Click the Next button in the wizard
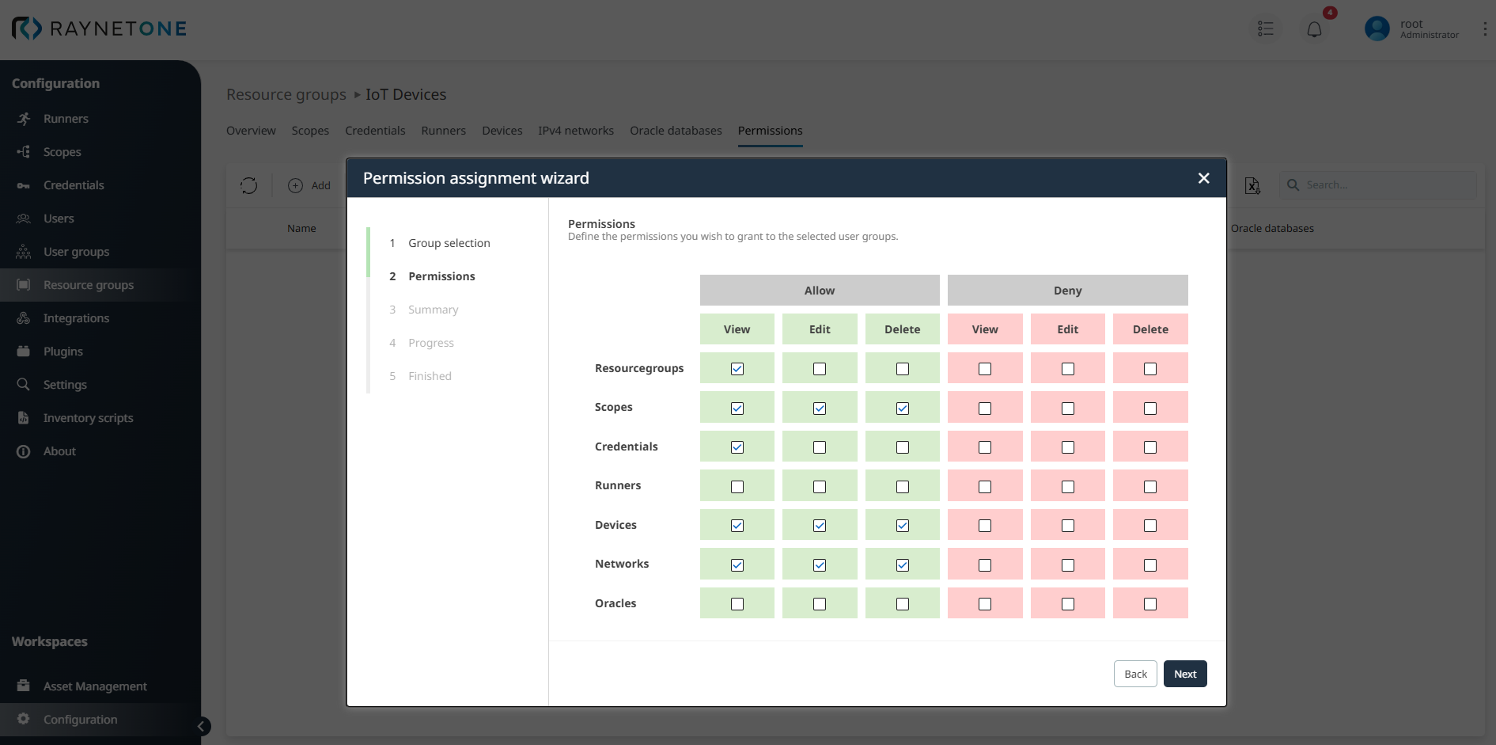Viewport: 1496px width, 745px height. pyautogui.click(x=1184, y=674)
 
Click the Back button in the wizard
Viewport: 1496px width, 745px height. pyautogui.click(x=1135, y=674)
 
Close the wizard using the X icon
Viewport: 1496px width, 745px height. pyautogui.click(x=1203, y=178)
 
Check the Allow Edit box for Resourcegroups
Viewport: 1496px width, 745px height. pyautogui.click(x=820, y=369)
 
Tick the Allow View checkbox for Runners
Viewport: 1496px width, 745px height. pyautogui.click(x=737, y=487)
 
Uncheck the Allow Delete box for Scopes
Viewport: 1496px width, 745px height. pyautogui.click(x=903, y=409)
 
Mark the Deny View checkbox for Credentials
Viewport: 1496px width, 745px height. pyautogui.click(x=985, y=447)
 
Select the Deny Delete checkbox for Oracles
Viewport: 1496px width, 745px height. pyautogui.click(x=1150, y=604)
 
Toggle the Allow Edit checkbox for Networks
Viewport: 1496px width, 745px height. pyautogui.click(x=820, y=565)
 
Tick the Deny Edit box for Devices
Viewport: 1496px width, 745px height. pyautogui.click(x=1068, y=526)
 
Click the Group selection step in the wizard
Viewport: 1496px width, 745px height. pyautogui.click(x=449, y=243)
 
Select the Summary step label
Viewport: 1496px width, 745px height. pyautogui.click(x=433, y=310)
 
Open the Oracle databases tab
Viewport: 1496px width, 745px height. pyautogui.click(x=676, y=131)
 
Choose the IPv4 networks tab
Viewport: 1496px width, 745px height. pyautogui.click(x=576, y=131)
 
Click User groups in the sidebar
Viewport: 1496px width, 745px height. pyautogui.click(x=76, y=252)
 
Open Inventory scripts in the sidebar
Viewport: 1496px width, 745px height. pyautogui.click(x=88, y=418)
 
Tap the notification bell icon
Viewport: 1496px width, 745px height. pyautogui.click(x=1314, y=30)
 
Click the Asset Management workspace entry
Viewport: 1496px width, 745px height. pyautogui.click(x=95, y=686)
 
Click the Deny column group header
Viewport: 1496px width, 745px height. pyautogui.click(x=1067, y=291)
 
